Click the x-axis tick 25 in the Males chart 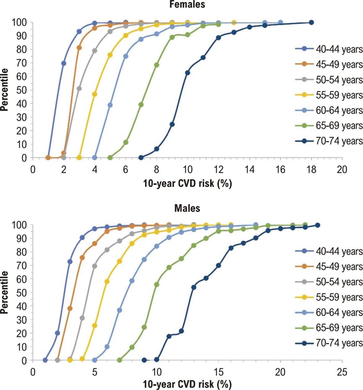(x=342, y=371)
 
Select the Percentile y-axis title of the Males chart (x=5, y=292)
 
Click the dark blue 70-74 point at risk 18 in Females (x=311, y=22)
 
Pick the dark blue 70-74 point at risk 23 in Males (x=317, y=225)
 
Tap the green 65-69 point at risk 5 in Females (x=110, y=157)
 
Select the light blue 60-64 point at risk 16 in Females (x=280, y=22)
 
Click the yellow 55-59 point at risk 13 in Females (x=234, y=22)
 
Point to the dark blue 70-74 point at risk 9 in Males (x=144, y=360)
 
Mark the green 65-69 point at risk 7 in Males (x=119, y=360)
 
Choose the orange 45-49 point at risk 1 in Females (x=48, y=157)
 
